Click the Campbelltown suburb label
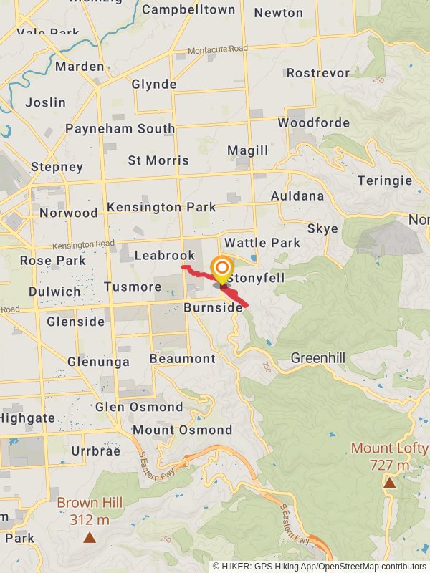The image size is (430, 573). tap(188, 10)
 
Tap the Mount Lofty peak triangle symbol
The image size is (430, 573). tap(389, 483)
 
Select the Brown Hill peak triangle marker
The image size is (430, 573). tap(90, 536)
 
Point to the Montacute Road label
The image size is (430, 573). tap(218, 50)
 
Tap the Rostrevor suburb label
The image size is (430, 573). tap(317, 73)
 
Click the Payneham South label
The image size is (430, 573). tap(120, 129)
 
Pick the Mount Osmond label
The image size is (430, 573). tap(182, 430)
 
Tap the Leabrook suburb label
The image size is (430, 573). tap(164, 256)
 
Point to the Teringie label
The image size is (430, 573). tap(385, 181)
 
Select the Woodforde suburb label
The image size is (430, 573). tap(313, 123)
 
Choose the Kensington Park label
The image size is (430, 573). tap(161, 208)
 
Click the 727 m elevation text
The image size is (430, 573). tap(390, 466)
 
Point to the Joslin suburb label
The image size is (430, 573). tap(45, 102)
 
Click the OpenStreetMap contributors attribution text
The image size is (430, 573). tap(373, 567)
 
